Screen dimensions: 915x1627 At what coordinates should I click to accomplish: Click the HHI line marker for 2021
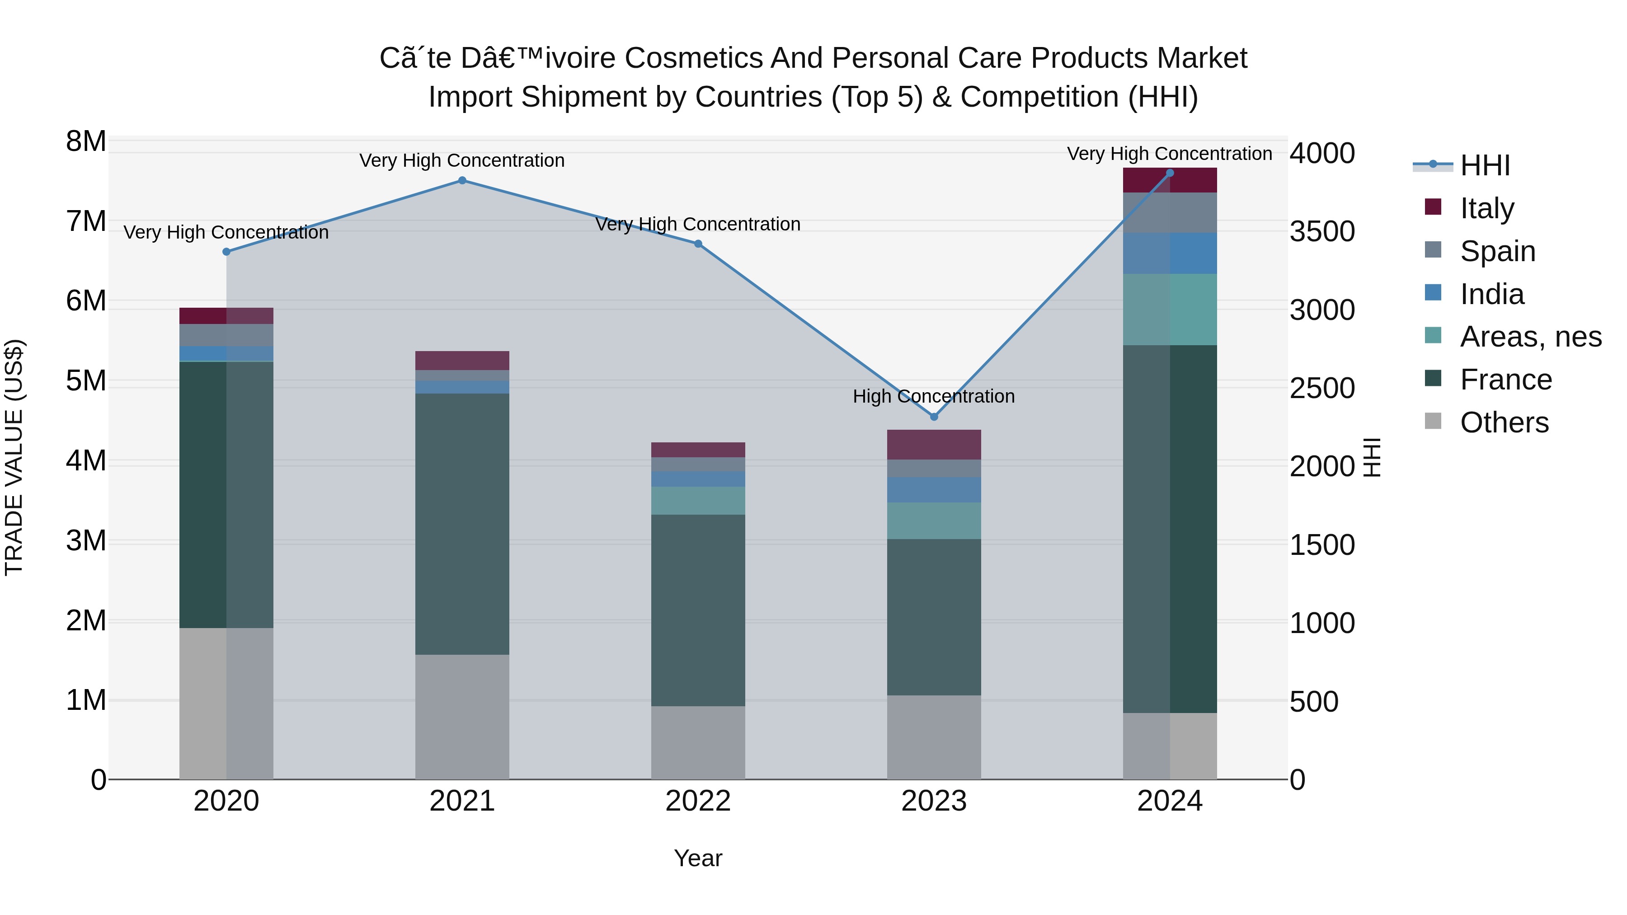click(x=462, y=181)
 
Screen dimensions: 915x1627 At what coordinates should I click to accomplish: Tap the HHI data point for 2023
click(x=934, y=417)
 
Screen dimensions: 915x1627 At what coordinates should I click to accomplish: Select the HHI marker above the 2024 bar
click(x=1170, y=173)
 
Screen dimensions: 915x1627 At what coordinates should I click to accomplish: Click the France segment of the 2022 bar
click(x=698, y=610)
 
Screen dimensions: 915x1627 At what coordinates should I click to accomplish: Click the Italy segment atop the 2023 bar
click(x=934, y=445)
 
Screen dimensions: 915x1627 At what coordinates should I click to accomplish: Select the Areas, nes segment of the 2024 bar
click(x=1170, y=310)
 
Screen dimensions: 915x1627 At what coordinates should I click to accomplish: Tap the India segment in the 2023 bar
click(x=934, y=490)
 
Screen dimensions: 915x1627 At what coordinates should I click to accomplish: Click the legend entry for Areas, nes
click(x=1530, y=337)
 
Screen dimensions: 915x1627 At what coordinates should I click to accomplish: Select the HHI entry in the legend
click(x=1484, y=165)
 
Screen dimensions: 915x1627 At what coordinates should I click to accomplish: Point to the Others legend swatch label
click(x=1504, y=422)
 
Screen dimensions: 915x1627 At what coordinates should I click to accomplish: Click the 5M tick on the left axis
click(x=86, y=381)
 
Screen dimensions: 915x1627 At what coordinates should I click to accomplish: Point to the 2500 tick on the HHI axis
click(x=1322, y=388)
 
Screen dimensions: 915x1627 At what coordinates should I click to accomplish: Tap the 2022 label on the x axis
click(x=698, y=801)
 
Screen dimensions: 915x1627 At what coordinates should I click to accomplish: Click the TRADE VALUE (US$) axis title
click(x=14, y=457)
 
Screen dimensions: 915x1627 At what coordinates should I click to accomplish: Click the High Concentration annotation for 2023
click(x=934, y=397)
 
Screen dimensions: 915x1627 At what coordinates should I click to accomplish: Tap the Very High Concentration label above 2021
click(x=462, y=160)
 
